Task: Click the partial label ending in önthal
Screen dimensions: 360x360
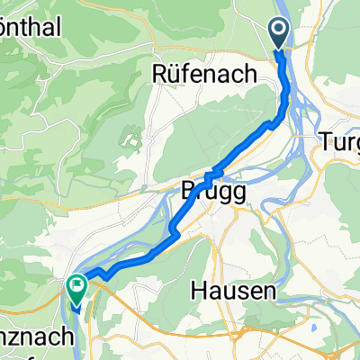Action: [31, 28]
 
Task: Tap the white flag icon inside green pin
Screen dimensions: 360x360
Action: [76, 287]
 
